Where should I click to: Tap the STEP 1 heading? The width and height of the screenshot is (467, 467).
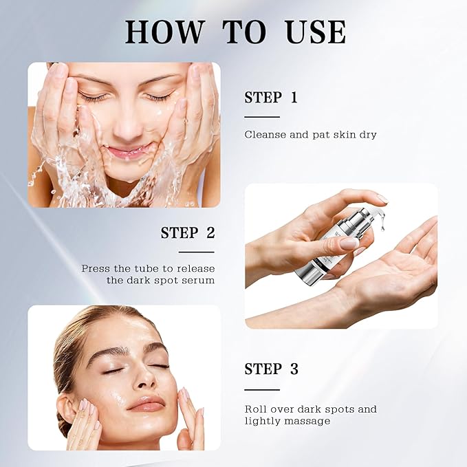[271, 98]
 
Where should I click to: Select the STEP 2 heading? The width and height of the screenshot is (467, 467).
[188, 232]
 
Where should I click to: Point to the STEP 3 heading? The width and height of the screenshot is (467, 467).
[271, 369]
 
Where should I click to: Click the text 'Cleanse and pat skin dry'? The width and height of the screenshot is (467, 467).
[310, 134]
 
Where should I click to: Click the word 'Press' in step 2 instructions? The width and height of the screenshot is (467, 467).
[96, 268]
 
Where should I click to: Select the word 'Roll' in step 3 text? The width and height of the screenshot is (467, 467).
[256, 409]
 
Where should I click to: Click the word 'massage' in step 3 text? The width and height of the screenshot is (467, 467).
[309, 420]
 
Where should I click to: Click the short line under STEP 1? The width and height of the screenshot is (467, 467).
[262, 117]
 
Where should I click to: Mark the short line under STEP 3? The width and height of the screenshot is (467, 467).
[262, 389]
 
